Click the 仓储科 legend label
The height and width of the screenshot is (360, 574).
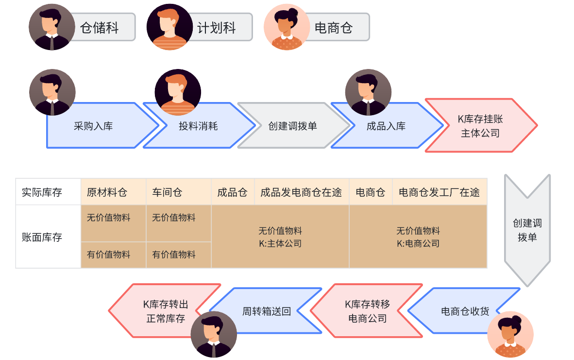100,28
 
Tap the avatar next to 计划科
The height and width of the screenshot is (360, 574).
169,27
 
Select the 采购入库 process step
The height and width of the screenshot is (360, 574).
94,126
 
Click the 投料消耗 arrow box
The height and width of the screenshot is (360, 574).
198,126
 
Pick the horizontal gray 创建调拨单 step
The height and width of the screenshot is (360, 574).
292,126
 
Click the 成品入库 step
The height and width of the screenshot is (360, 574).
386,126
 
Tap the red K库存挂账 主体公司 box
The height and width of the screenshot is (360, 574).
480,126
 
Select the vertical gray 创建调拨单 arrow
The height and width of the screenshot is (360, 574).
527,230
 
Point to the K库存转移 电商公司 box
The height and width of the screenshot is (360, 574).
367,311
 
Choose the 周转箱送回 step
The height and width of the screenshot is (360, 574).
266,311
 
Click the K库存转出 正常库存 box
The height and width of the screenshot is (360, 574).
166,311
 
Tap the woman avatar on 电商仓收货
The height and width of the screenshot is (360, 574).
510,335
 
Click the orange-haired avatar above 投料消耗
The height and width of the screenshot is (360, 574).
177,92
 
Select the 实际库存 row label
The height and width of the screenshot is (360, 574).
42,192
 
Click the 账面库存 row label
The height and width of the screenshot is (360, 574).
42,237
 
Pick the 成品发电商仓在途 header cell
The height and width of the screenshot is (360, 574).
301,192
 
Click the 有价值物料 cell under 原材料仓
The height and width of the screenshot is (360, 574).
109,254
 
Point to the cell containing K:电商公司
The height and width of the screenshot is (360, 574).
418,237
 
